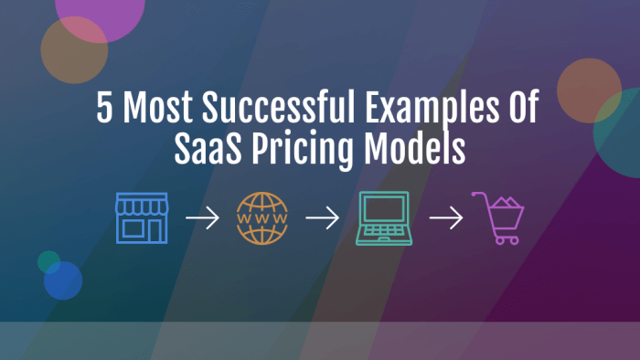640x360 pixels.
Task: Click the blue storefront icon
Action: [x=142, y=218]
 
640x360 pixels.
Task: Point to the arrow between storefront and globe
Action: [x=202, y=219]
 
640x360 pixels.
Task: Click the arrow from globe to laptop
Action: [x=322, y=219]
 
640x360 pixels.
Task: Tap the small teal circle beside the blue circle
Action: [x=48, y=261]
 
